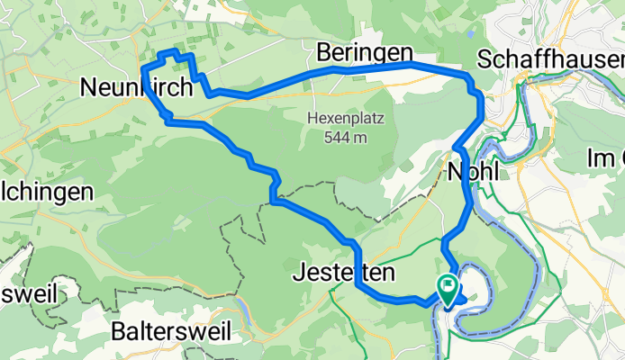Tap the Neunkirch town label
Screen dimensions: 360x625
tap(136, 87)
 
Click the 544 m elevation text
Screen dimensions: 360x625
tap(348, 138)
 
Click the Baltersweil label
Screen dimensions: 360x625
tap(161, 330)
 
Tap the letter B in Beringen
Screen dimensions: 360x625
tap(324, 53)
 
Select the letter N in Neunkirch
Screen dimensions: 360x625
tap(88, 87)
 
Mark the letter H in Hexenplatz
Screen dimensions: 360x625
tap(312, 119)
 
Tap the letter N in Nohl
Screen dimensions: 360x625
tap(454, 171)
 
